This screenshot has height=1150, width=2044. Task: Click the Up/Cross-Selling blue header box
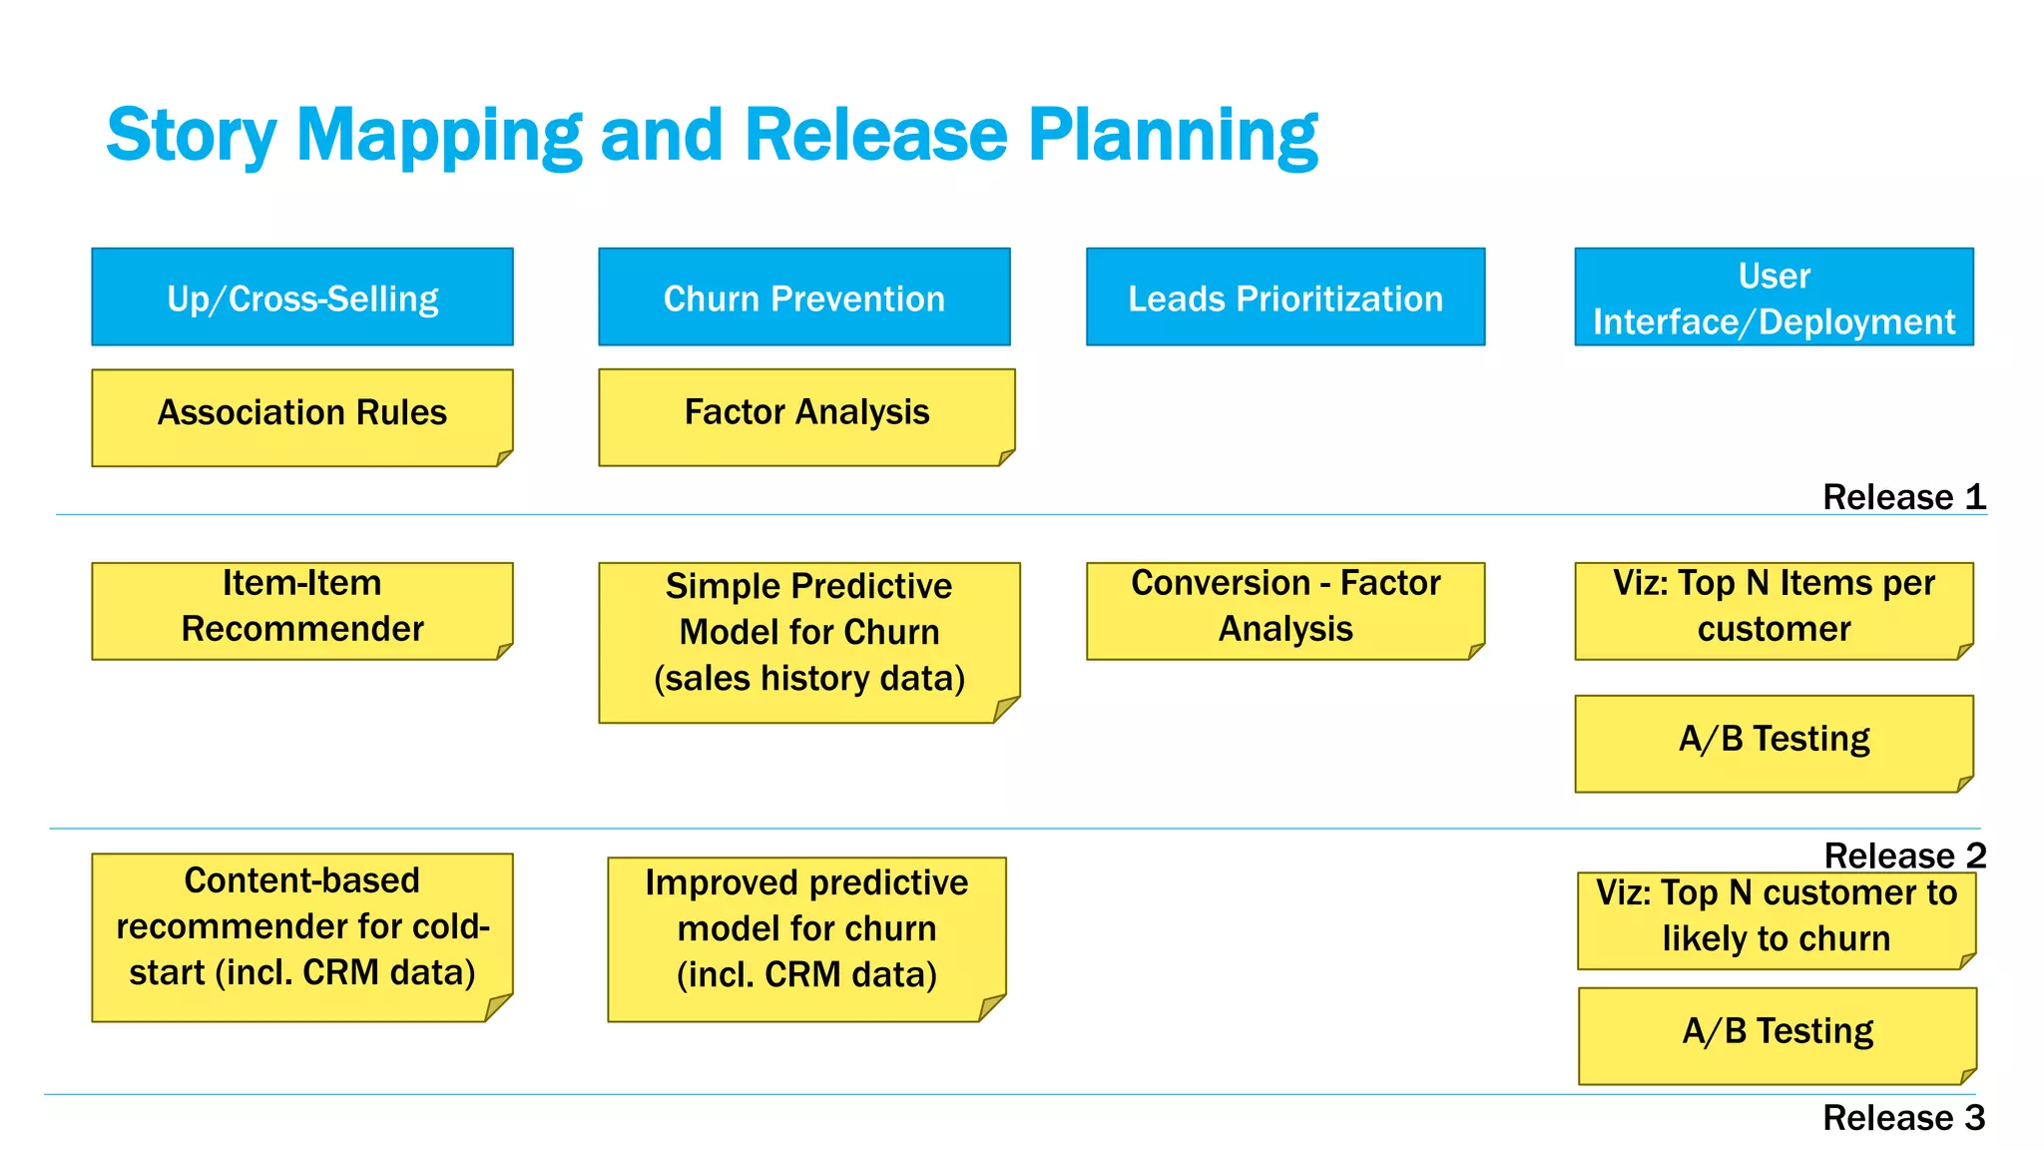click(302, 297)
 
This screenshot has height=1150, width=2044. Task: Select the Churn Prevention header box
click(804, 297)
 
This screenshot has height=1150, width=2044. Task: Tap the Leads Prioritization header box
click(1285, 297)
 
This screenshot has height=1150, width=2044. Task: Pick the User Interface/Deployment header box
click(1774, 297)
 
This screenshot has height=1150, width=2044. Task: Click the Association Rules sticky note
click(302, 417)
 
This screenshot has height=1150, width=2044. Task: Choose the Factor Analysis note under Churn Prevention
click(806, 416)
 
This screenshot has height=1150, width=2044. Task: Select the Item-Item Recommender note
click(302, 610)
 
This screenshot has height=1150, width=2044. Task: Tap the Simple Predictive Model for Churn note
click(808, 641)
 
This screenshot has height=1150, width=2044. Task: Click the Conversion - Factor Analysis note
click(1285, 610)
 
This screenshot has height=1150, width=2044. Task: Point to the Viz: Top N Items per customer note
click(1774, 610)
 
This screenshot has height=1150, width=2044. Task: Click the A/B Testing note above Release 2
click(1774, 743)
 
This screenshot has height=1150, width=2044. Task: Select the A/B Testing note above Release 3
click(1777, 1035)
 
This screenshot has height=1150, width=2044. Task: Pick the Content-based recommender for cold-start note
click(302, 935)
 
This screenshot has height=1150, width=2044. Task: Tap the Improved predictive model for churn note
click(806, 937)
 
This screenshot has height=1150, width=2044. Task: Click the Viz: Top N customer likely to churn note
click(1776, 919)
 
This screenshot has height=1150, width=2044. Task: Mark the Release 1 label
click(1903, 496)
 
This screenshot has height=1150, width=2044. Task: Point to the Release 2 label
click(1904, 856)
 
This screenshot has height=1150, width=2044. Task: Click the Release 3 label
click(1903, 1117)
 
